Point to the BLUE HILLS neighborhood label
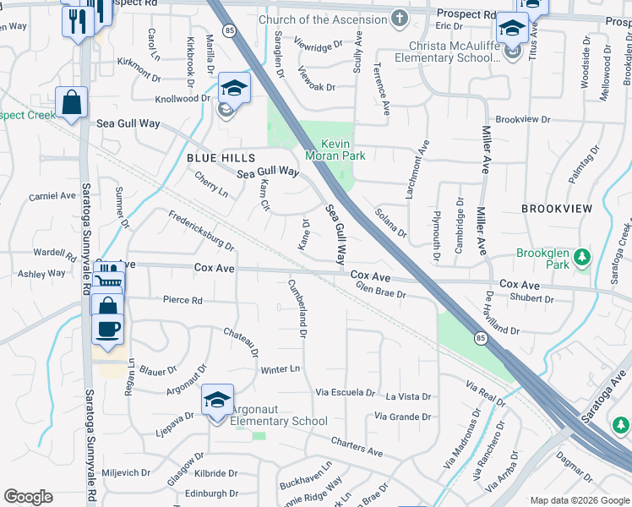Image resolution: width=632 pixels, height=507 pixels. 220,158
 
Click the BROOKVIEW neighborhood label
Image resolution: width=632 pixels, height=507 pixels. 557,208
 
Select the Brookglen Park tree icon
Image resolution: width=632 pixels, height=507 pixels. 580,257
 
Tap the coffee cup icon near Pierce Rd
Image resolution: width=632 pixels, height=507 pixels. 107,329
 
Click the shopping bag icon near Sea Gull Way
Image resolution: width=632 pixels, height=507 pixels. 72,103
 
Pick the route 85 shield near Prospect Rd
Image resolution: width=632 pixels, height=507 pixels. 230,30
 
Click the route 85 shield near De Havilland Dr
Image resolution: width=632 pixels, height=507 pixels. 480,339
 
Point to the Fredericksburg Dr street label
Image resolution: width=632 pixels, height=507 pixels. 201,231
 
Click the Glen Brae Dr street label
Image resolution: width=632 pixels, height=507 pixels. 381,292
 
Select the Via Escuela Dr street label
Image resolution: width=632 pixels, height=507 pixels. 345,393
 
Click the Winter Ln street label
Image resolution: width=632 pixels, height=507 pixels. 281,369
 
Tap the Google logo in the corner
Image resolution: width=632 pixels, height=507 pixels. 28,497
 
